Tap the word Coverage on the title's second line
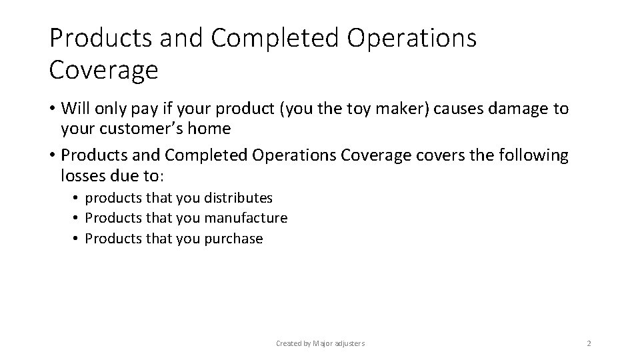coord(104,69)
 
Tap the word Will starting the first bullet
coord(75,109)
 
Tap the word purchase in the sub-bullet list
coord(233,239)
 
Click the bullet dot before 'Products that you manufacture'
coord(77,218)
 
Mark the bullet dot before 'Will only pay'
coord(51,109)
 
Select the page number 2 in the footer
coord(589,343)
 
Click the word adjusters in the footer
coord(349,343)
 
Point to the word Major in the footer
coord(323,343)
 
